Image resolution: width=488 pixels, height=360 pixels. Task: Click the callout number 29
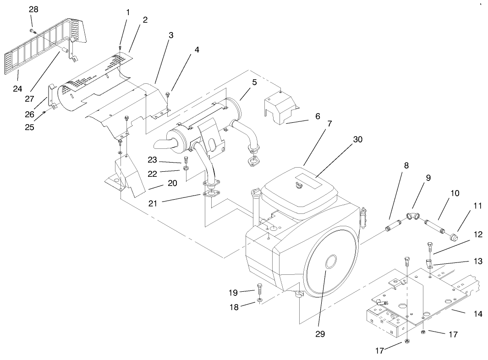coord(320,334)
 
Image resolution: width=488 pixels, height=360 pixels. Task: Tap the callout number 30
coord(357,139)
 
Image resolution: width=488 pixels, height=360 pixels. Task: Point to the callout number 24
coord(17,88)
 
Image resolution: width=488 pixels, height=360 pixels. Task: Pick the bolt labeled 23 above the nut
coord(186,160)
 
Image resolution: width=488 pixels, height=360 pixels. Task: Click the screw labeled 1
coord(120,47)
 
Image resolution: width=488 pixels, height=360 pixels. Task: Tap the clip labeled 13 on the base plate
coord(429,264)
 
